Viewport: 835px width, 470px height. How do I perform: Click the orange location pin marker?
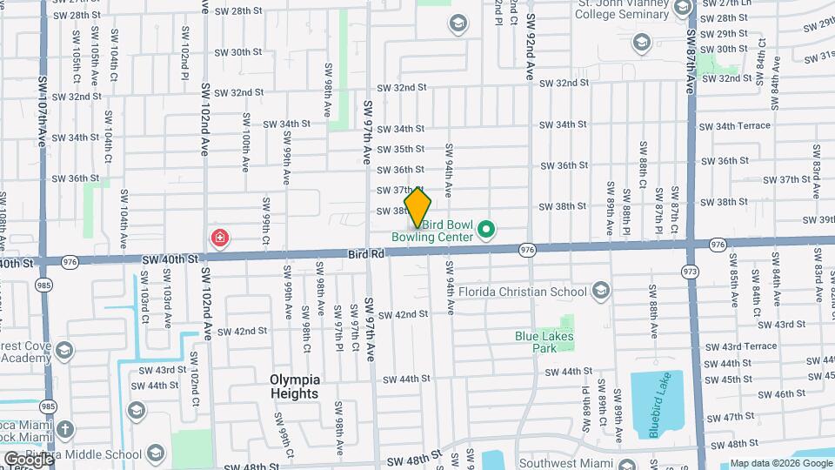418,207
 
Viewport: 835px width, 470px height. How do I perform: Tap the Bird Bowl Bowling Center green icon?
487,231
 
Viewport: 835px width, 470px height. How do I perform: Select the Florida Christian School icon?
600,291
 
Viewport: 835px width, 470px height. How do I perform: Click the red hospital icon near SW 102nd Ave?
221,238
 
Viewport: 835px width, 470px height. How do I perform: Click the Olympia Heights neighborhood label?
295,386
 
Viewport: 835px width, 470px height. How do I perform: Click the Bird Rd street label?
364,252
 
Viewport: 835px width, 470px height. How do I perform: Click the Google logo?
26,459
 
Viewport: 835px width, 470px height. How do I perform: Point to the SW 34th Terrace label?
736,125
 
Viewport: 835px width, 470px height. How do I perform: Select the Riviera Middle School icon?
156,453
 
